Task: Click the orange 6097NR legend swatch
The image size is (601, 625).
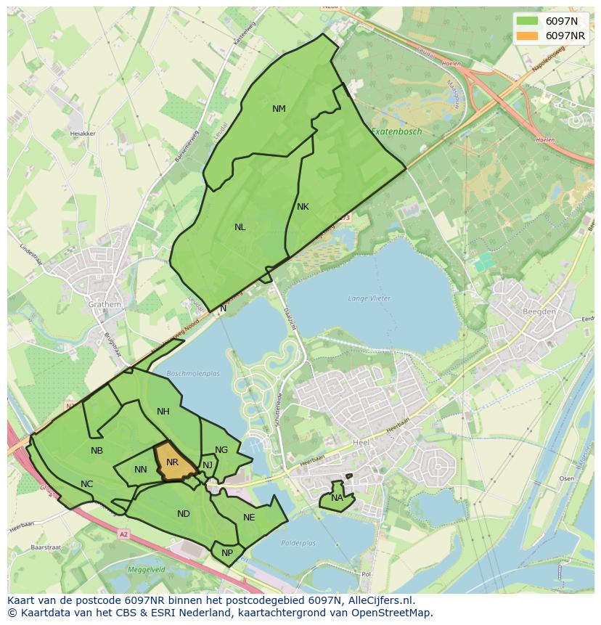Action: pyautogui.click(x=528, y=36)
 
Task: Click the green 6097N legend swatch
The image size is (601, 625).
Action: pyautogui.click(x=528, y=20)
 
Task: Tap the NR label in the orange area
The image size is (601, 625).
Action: pyautogui.click(x=172, y=462)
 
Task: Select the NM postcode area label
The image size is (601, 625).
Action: pyautogui.click(x=279, y=109)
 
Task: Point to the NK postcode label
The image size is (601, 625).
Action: pyautogui.click(x=303, y=207)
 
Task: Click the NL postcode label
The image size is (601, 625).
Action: pyautogui.click(x=240, y=227)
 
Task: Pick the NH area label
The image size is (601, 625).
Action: pyautogui.click(x=163, y=412)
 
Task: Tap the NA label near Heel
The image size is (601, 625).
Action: pyautogui.click(x=337, y=498)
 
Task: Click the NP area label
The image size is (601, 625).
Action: pyautogui.click(x=227, y=552)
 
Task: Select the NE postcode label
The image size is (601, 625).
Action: pyautogui.click(x=249, y=518)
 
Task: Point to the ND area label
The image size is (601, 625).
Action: pyautogui.click(x=183, y=514)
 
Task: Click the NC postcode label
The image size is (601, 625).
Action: pyautogui.click(x=86, y=484)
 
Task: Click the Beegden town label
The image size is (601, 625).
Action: pyautogui.click(x=539, y=311)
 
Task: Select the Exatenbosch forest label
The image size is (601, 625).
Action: pyautogui.click(x=396, y=132)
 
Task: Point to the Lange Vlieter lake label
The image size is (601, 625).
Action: pyautogui.click(x=369, y=298)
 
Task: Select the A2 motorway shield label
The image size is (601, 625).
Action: pyautogui.click(x=123, y=534)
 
